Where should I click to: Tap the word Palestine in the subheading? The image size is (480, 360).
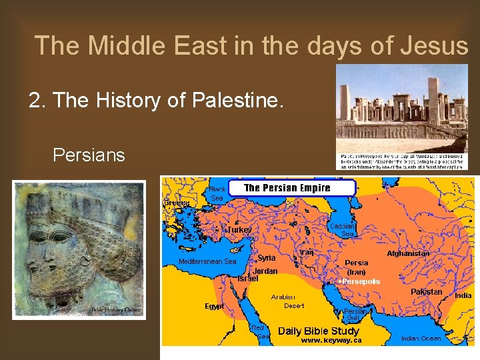(235, 101)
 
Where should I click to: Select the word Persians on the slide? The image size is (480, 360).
(89, 155)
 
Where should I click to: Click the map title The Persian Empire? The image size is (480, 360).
(287, 188)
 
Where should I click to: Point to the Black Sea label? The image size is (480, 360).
(217, 193)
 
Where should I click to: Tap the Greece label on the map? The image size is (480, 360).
(177, 203)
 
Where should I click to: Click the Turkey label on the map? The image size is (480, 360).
(239, 229)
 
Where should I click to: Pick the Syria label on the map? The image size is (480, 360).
(267, 258)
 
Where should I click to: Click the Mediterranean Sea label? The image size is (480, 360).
(207, 262)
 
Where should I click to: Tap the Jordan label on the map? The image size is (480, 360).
(265, 271)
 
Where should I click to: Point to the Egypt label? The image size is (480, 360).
(214, 307)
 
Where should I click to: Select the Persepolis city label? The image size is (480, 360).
(360, 281)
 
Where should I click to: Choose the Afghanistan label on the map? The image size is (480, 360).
(408, 253)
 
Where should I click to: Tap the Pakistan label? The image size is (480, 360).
(427, 292)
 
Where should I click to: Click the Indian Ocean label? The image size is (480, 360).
(421, 339)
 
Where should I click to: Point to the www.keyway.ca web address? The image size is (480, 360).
(331, 340)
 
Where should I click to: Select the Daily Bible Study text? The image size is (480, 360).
(318, 331)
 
